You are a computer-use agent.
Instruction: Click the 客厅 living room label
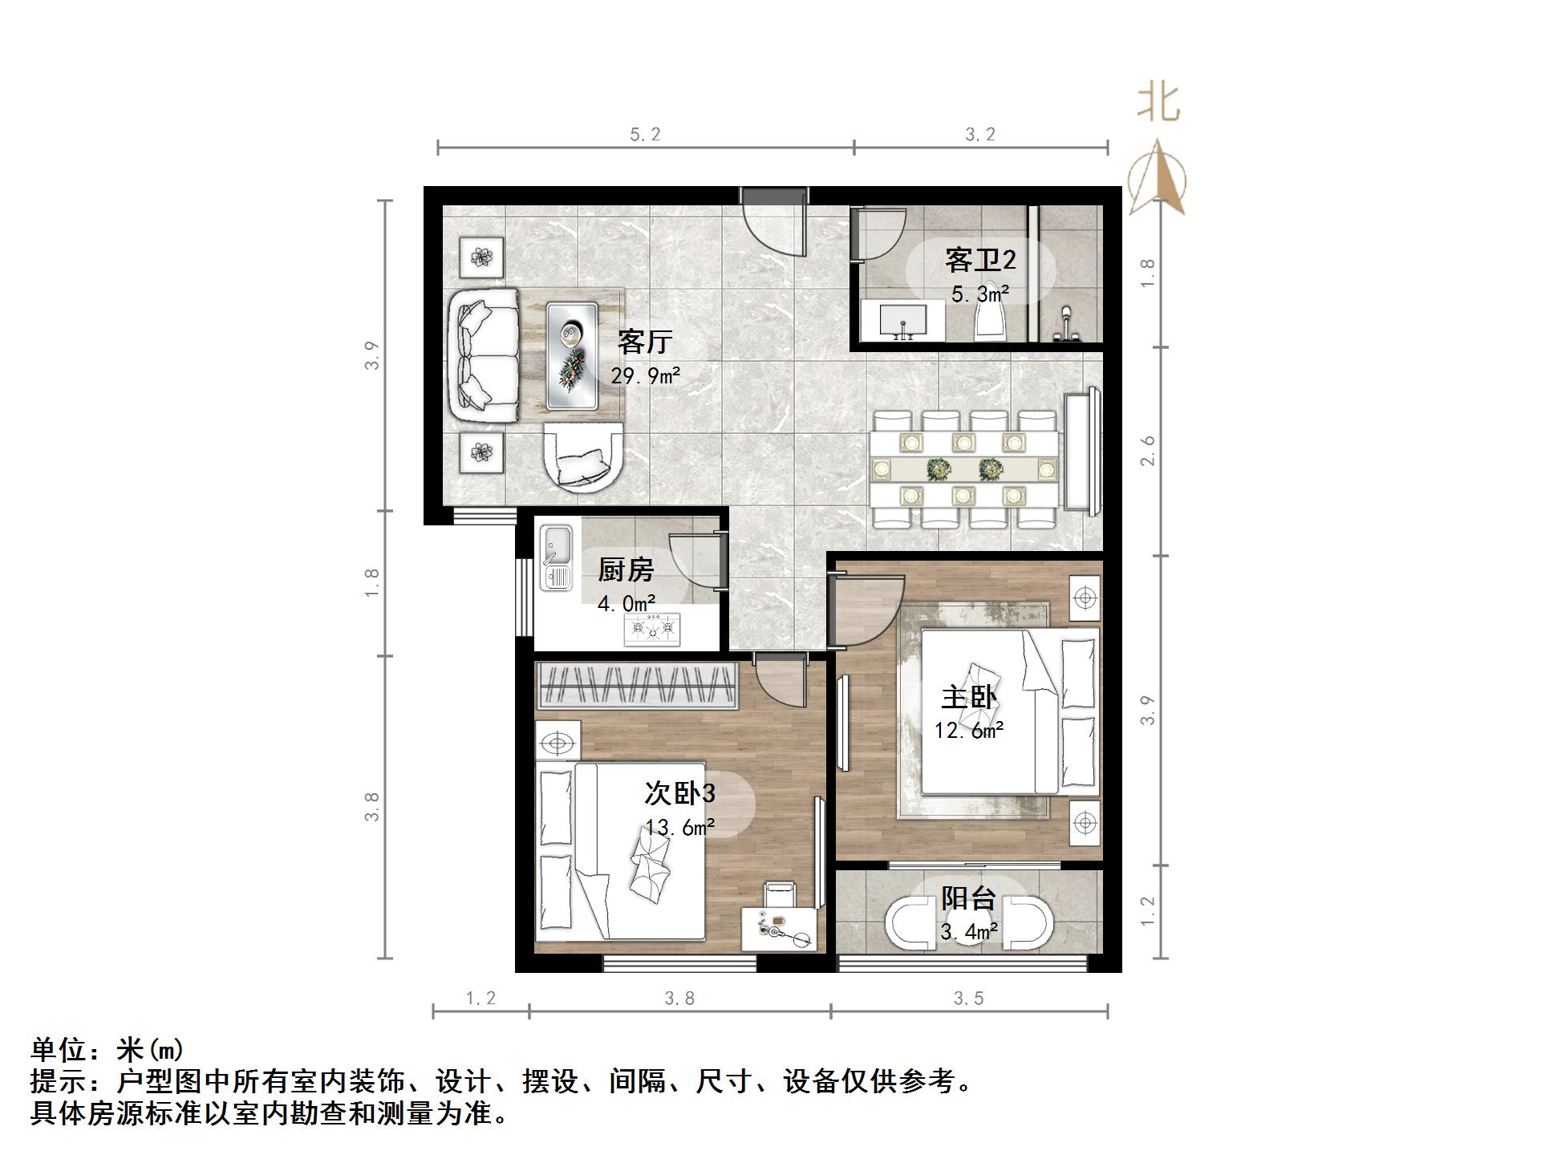pos(644,342)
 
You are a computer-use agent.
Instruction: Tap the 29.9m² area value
pos(646,375)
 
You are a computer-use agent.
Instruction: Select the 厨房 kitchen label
pos(626,570)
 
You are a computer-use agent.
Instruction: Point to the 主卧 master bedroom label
pos(969,696)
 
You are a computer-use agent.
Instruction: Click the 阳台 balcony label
pos(968,898)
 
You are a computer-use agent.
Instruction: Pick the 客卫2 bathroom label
pos(979,260)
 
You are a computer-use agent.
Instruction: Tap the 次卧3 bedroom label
pos(679,793)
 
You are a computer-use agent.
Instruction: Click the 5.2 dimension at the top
pos(645,135)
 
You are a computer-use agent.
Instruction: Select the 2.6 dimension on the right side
pos(1149,451)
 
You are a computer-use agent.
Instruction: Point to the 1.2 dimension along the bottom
pos(481,998)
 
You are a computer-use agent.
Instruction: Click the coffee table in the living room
pos(572,355)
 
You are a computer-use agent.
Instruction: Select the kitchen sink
pos(555,557)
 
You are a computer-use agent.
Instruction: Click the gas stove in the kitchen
pos(652,629)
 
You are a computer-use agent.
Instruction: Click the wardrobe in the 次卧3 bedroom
pos(637,686)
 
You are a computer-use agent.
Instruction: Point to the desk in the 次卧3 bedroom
pos(778,930)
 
